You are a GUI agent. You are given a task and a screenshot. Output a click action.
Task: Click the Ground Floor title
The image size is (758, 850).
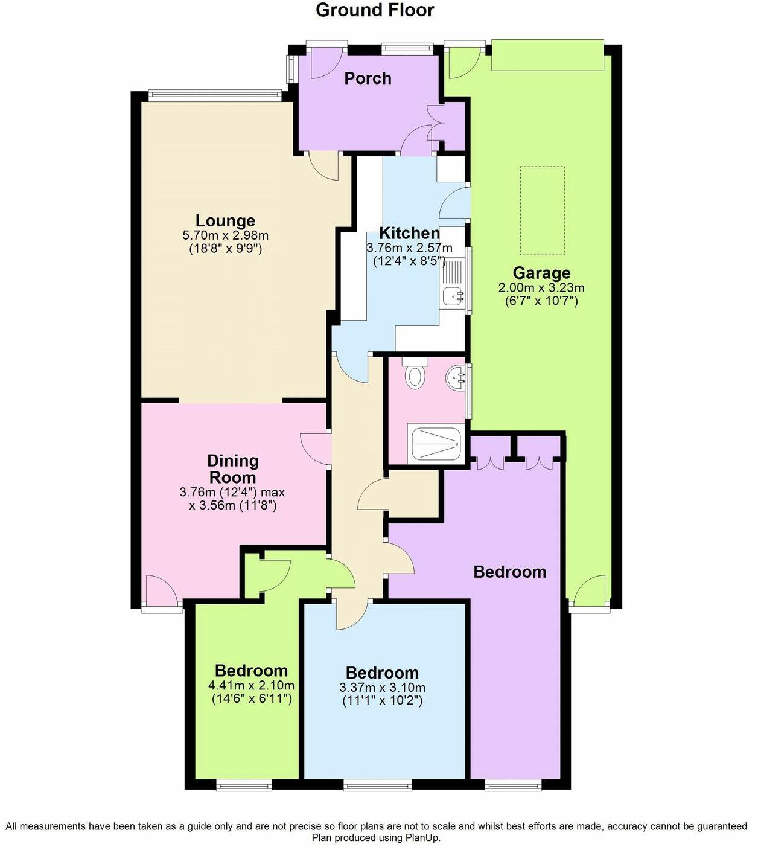[375, 10]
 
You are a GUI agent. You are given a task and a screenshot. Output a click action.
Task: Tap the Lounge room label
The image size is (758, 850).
[225, 220]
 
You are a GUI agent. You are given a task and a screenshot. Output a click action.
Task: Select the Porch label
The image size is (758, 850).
[368, 78]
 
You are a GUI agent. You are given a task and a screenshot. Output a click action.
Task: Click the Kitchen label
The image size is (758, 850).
[409, 233]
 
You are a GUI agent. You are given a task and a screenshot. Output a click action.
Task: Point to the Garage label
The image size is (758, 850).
[541, 273]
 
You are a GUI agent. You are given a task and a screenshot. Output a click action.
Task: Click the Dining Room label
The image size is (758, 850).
[233, 468]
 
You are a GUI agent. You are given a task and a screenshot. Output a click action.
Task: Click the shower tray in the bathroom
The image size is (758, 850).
[436, 444]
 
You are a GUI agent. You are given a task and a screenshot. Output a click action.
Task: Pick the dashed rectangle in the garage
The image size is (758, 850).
[543, 211]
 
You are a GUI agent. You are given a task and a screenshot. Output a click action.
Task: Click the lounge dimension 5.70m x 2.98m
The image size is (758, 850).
[225, 235]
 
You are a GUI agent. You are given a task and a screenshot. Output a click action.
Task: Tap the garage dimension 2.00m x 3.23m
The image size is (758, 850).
[541, 288]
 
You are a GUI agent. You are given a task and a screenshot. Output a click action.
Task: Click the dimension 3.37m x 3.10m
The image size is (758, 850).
[382, 688]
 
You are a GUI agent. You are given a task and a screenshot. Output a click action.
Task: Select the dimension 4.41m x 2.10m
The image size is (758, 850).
[251, 685]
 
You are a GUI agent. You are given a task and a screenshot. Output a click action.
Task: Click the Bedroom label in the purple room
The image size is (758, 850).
[509, 572]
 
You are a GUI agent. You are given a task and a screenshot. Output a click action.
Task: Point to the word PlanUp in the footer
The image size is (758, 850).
[425, 838]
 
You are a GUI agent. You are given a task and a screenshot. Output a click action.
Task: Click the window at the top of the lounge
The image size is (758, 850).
[214, 94]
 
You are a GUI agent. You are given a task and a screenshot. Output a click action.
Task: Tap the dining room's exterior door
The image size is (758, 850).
[161, 592]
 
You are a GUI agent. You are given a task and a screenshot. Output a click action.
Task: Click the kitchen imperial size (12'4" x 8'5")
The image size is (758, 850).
[409, 261]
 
